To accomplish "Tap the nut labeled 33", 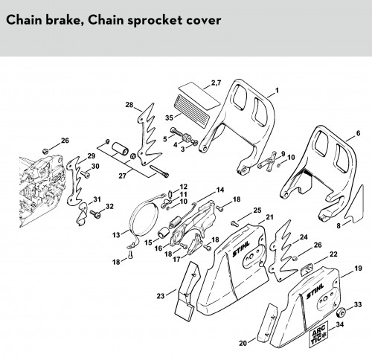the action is point(341,312).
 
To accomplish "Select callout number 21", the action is point(269,217).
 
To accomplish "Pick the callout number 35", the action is point(169,118).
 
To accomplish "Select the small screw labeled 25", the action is point(234,223).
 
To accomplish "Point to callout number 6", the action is point(358,133).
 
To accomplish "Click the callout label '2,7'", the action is point(216,83).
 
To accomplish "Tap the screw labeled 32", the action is point(95,214).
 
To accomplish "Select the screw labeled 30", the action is point(86,174).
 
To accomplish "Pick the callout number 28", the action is point(129,105).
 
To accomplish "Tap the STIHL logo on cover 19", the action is point(315,292).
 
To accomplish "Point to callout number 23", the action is point(161,296).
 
